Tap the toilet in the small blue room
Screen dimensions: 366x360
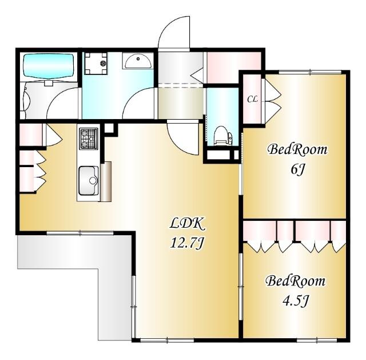(223, 136)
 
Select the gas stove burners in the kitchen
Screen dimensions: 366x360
(89, 139)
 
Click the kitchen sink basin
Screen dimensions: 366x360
(89, 180)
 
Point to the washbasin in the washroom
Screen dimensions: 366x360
(138, 61)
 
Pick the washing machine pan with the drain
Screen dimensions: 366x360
(96, 64)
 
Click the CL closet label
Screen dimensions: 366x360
(253, 99)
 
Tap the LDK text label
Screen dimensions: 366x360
(187, 224)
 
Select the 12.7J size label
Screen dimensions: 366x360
(187, 243)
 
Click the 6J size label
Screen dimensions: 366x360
(297, 169)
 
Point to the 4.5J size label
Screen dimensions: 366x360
(296, 301)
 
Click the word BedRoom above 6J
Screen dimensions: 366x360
(297, 149)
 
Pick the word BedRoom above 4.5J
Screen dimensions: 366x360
(295, 281)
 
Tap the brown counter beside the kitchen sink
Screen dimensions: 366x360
(106, 181)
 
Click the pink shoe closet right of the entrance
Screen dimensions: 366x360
(234, 68)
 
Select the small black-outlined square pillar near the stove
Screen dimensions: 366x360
(109, 128)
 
